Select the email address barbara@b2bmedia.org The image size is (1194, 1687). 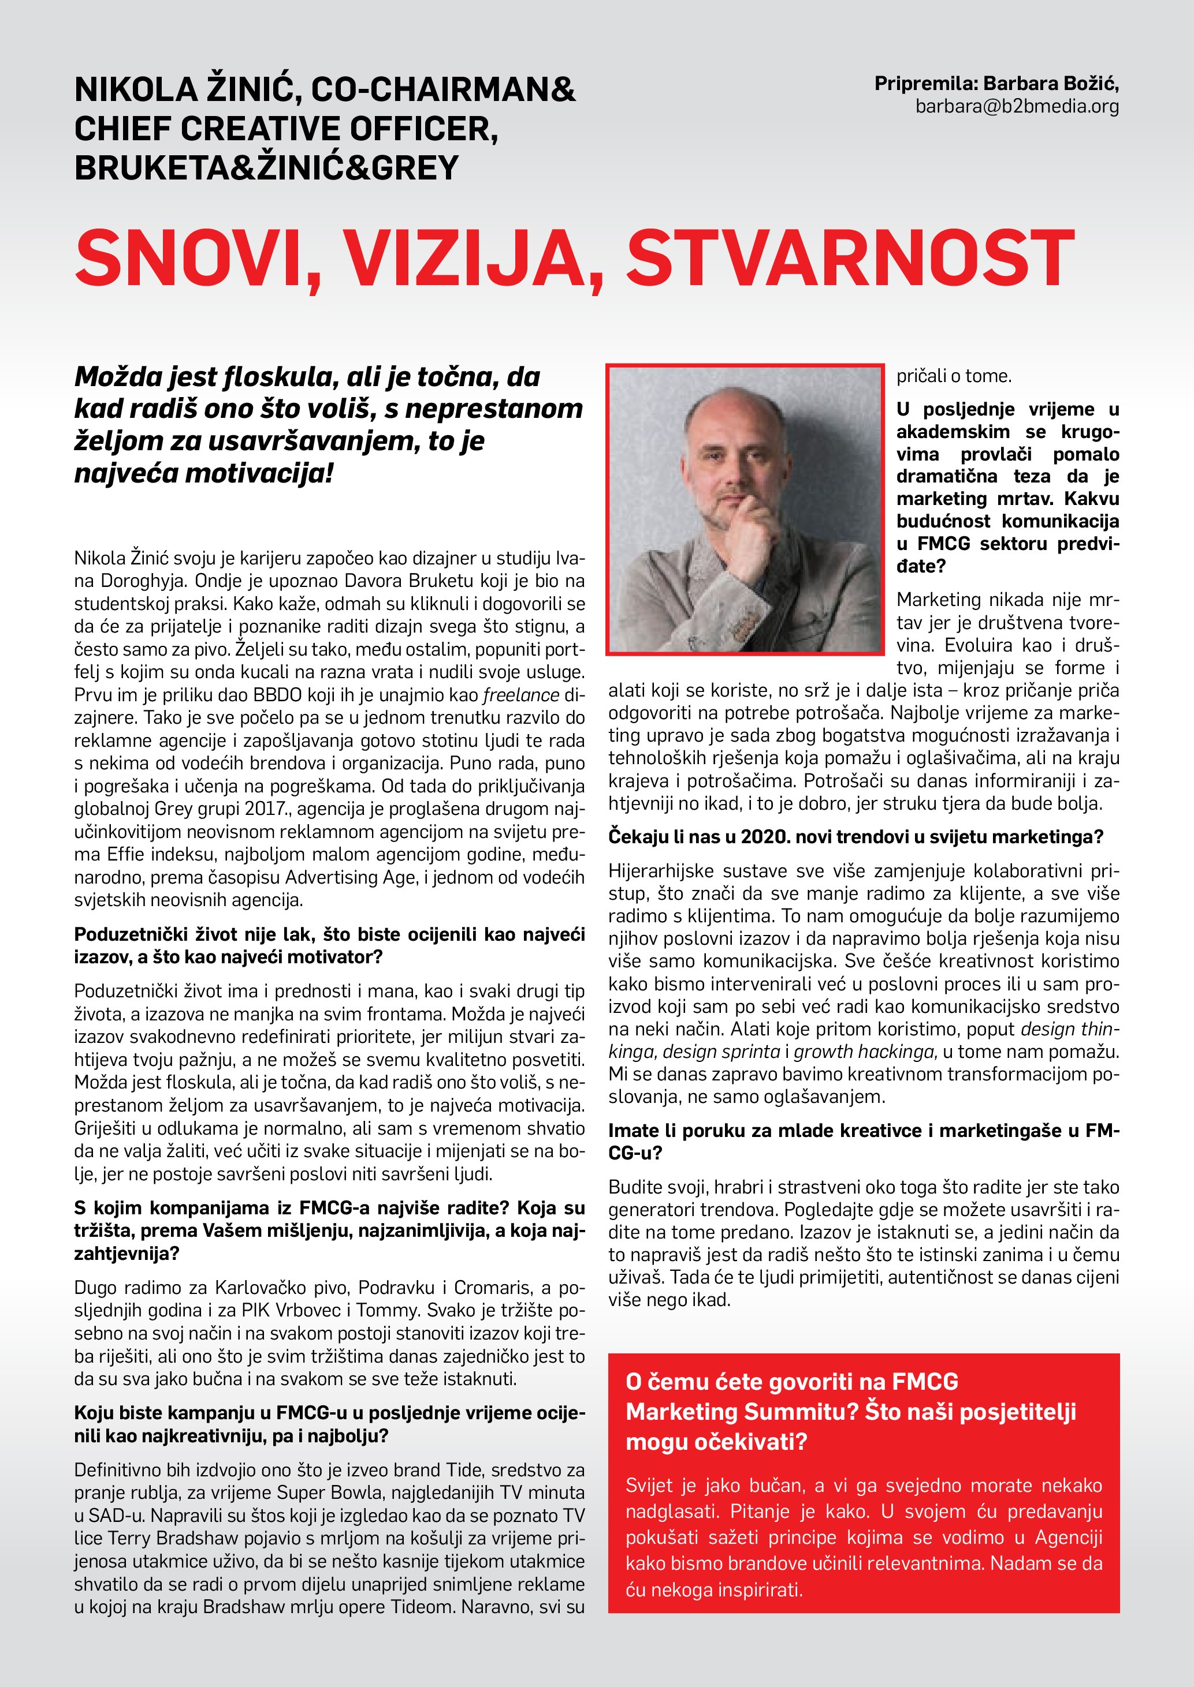pos(1017,107)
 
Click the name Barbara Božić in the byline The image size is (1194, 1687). pos(1051,84)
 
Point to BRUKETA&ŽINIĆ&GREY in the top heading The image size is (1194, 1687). pos(266,167)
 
